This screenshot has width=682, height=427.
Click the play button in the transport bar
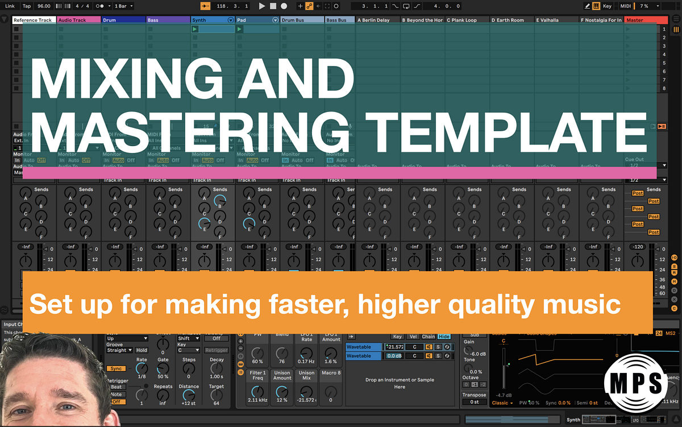point(262,6)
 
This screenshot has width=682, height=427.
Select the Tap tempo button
point(27,6)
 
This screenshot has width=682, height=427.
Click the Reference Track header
point(33,20)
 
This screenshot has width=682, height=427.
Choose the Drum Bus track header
point(302,20)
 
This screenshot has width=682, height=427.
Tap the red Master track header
point(646,20)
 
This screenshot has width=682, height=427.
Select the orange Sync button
point(115,368)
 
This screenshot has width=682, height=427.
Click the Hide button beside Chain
point(444,337)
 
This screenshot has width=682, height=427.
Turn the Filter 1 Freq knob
point(257,391)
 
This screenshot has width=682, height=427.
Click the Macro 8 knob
point(331,391)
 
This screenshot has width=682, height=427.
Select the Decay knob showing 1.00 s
point(216,367)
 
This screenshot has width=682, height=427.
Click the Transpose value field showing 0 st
point(474,402)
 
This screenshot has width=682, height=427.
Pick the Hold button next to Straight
point(141,351)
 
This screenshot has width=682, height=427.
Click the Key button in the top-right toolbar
point(607,6)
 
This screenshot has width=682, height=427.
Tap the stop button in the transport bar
point(273,6)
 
